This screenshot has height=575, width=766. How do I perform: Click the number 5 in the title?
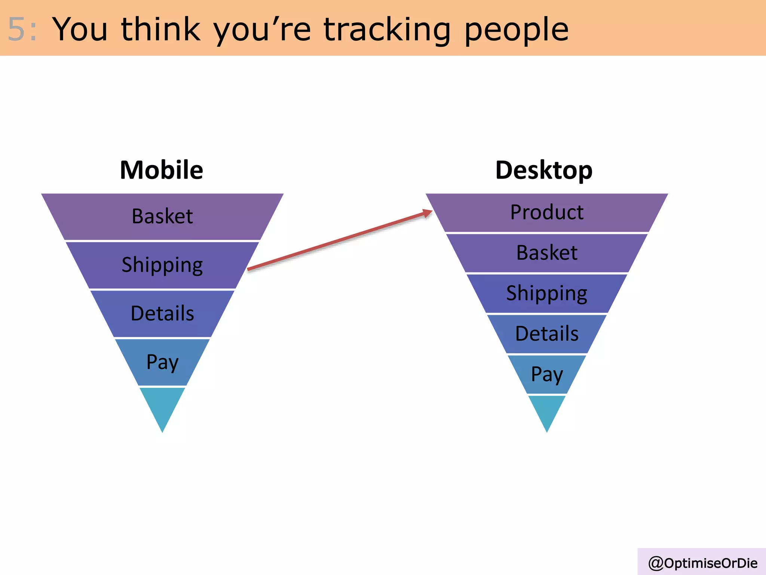pyautogui.click(x=16, y=29)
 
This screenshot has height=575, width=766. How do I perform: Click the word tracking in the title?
pyautogui.click(x=387, y=30)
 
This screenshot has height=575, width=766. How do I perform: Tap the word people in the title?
pyautogui.click(x=516, y=30)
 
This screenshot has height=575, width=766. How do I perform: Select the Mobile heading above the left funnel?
pyautogui.click(x=162, y=170)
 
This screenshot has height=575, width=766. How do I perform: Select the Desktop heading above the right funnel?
pyautogui.click(x=544, y=170)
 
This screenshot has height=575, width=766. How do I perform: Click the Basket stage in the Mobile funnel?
pyautogui.click(x=162, y=216)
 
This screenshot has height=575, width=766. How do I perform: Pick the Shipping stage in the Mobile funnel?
pyautogui.click(x=162, y=265)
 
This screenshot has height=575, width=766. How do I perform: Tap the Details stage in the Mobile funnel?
pyautogui.click(x=162, y=313)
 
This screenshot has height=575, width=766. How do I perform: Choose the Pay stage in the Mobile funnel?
pyautogui.click(x=162, y=362)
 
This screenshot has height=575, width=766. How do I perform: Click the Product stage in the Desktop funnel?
pyautogui.click(x=547, y=213)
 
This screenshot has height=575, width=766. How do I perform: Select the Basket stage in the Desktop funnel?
pyautogui.click(x=547, y=253)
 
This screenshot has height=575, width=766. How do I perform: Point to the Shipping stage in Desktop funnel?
pyautogui.click(x=547, y=293)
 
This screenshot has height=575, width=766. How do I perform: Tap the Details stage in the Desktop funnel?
pyautogui.click(x=547, y=334)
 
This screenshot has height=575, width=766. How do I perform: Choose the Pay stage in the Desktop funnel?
pyautogui.click(x=547, y=374)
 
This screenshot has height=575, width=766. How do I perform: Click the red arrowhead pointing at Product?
pyautogui.click(x=428, y=213)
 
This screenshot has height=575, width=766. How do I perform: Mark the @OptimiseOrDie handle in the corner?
pyautogui.click(x=702, y=563)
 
